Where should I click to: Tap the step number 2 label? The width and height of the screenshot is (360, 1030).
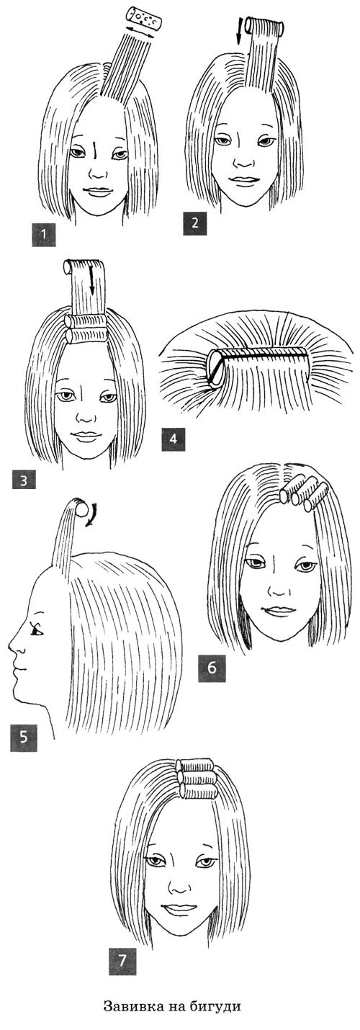194,223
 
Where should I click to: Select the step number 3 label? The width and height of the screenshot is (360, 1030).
24,481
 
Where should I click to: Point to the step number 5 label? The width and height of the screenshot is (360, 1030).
24,738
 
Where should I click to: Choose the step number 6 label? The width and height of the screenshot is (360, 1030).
212,667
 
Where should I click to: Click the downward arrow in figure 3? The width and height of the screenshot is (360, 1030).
92,281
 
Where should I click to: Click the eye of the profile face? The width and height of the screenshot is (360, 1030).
36,631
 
